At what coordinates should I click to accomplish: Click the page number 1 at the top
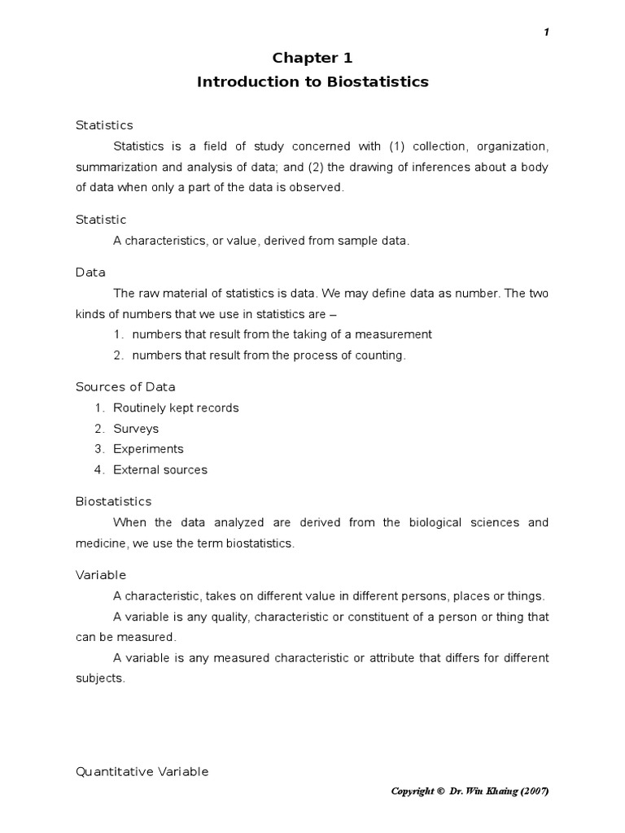click(547, 32)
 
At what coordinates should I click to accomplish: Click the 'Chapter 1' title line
click(312, 58)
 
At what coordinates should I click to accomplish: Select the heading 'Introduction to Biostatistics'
click(312, 82)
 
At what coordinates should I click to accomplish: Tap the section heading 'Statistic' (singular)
click(101, 220)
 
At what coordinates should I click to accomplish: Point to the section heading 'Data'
click(90, 273)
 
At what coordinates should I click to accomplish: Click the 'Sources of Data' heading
click(125, 386)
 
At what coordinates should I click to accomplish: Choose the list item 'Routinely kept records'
click(176, 408)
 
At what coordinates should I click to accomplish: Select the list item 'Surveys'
click(136, 429)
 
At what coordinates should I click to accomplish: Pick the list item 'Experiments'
click(148, 449)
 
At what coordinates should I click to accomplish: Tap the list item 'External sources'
click(160, 469)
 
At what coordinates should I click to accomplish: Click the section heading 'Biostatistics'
click(113, 501)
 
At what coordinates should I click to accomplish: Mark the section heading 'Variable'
click(101, 574)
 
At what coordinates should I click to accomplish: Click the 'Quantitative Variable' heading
click(142, 771)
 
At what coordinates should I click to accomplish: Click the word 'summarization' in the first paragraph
click(113, 167)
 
